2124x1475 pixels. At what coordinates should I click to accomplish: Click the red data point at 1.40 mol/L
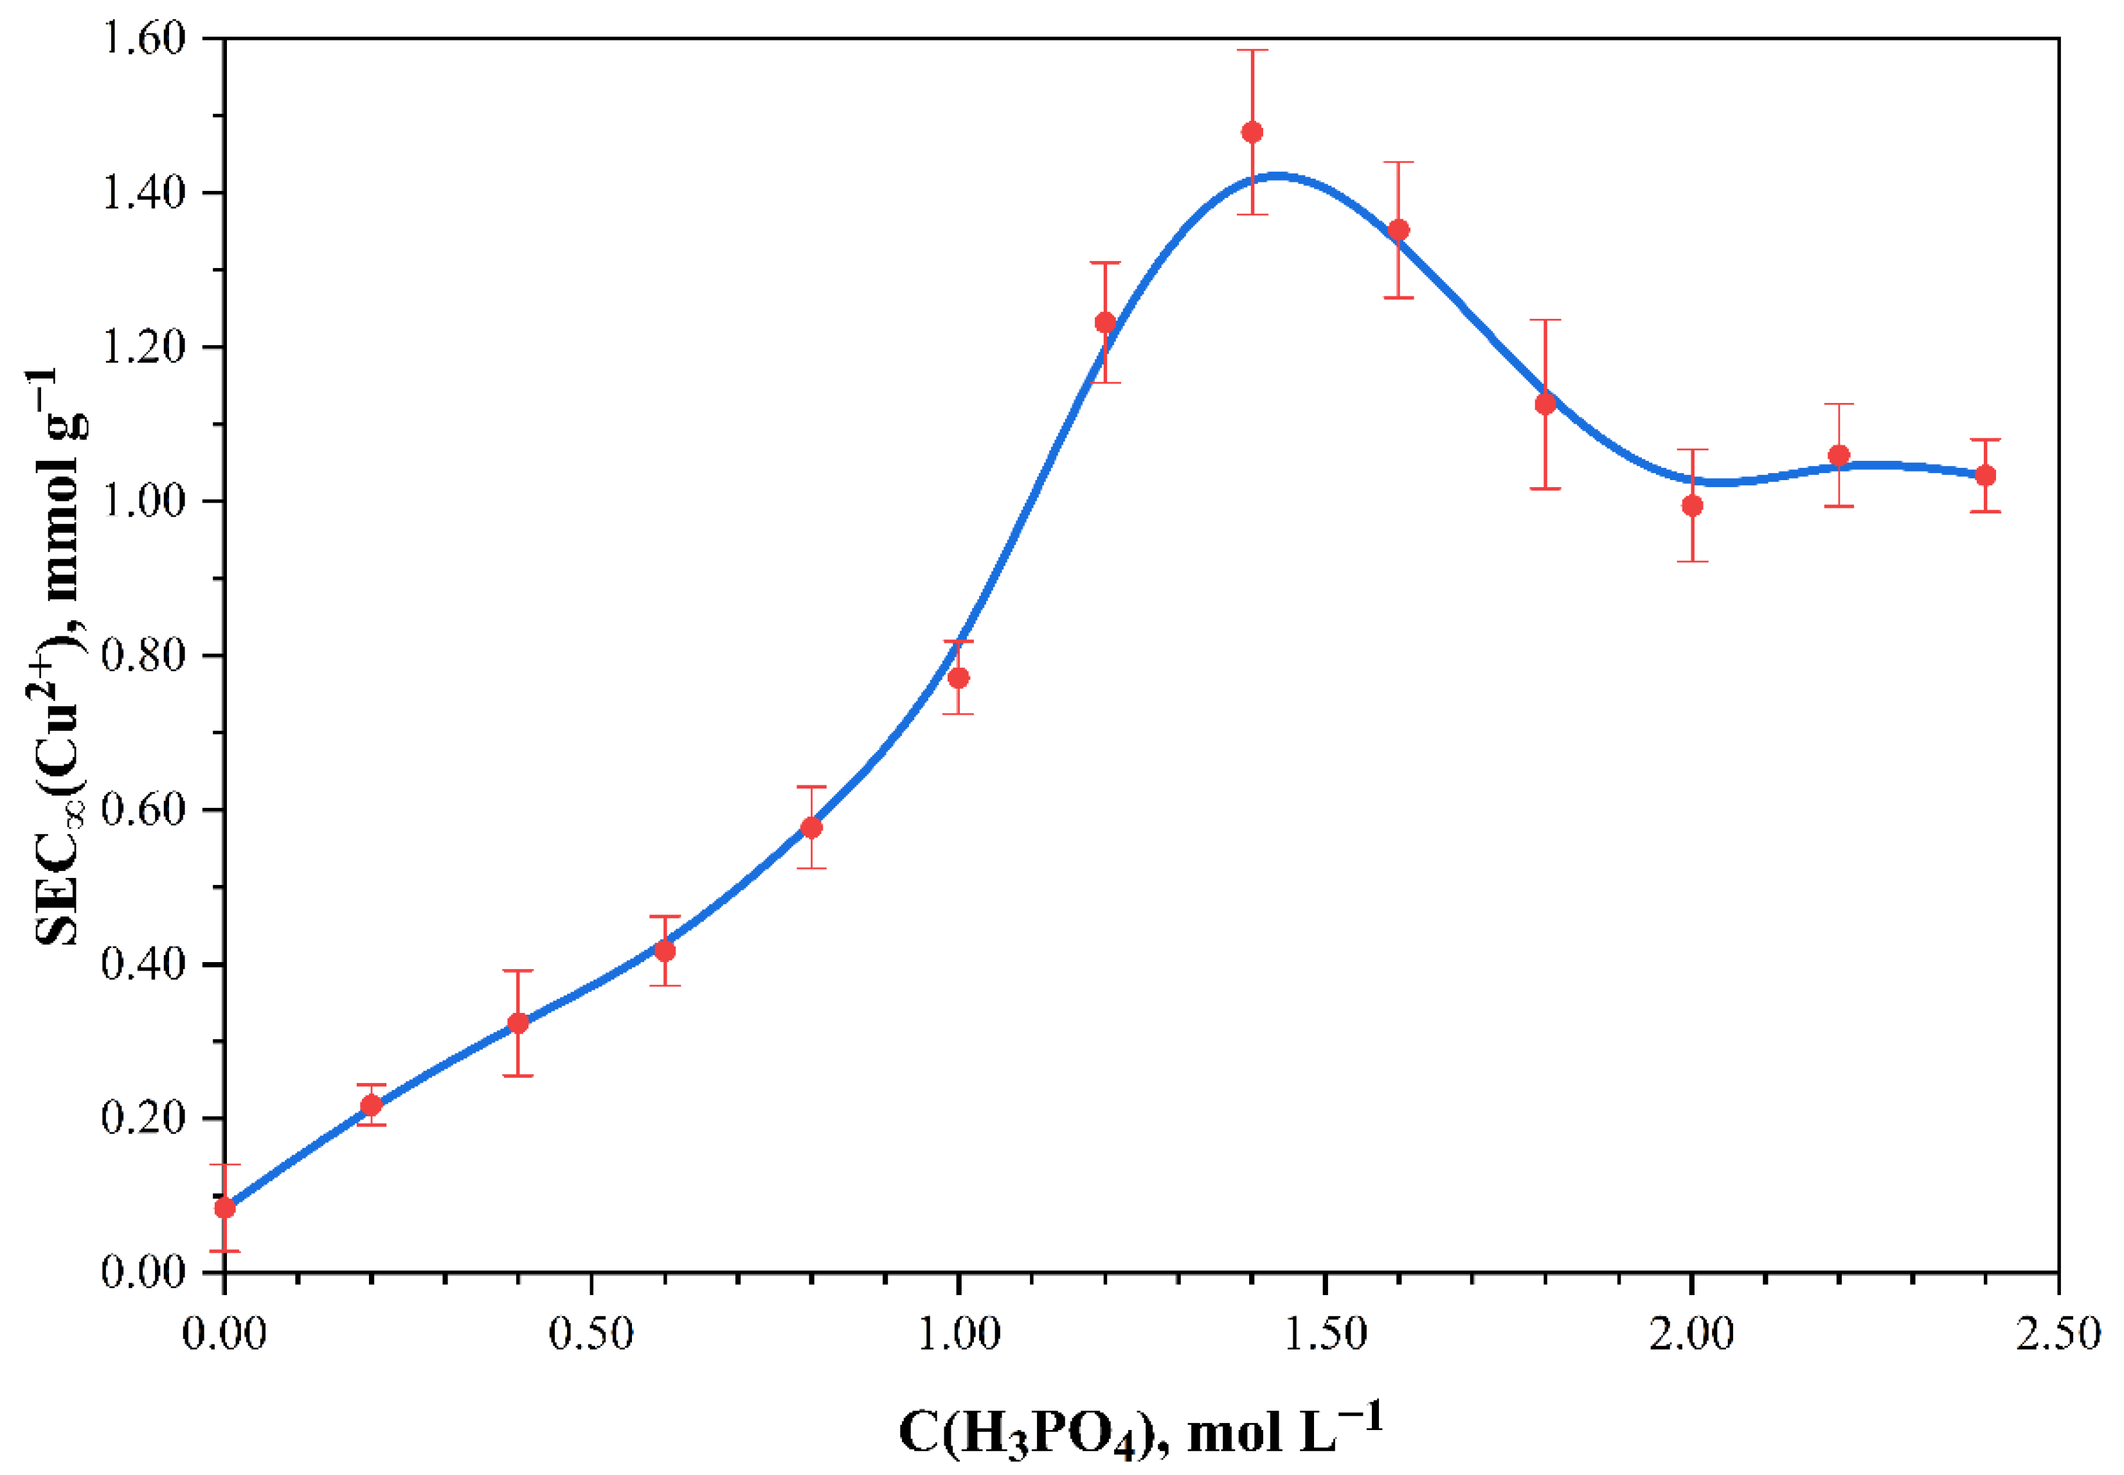pyautogui.click(x=1252, y=132)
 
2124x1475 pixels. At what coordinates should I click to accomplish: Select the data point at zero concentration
pyautogui.click(x=224, y=1208)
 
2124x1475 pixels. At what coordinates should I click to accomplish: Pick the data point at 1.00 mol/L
pyautogui.click(x=959, y=677)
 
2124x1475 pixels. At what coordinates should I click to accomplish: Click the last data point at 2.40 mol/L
pyautogui.click(x=1985, y=475)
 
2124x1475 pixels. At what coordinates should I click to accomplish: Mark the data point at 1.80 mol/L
pyautogui.click(x=1545, y=404)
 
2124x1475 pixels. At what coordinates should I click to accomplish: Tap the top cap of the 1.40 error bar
pyautogui.click(x=1252, y=51)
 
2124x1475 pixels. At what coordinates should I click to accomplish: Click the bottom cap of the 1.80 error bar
pyautogui.click(x=1545, y=488)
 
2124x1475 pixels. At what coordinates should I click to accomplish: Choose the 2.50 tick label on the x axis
pyautogui.click(x=2057, y=1334)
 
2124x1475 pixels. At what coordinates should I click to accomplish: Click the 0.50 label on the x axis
pyautogui.click(x=591, y=1334)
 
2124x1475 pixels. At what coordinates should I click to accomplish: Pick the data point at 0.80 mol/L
pyautogui.click(x=811, y=827)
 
